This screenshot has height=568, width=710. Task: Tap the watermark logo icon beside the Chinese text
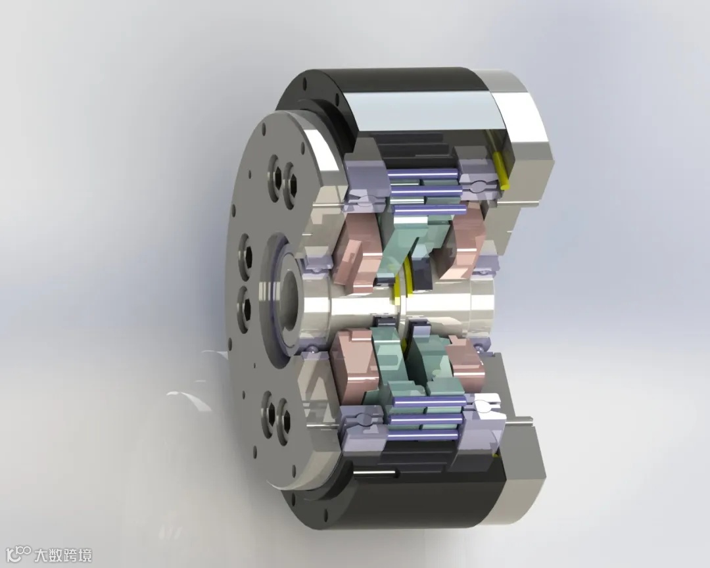pos(20,554)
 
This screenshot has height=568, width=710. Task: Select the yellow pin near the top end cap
pos(501,170)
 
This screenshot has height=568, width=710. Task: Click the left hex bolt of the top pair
pos(275,177)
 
